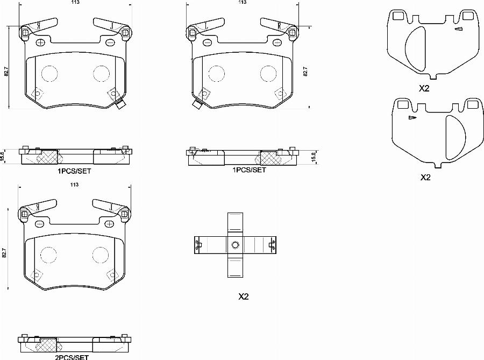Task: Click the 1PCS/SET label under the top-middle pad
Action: tap(249, 170)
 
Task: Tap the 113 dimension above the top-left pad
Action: tap(75, 2)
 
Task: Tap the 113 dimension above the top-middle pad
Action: tap(243, 2)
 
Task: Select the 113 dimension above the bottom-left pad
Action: tap(75, 185)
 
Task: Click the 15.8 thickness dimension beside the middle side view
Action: tap(314, 156)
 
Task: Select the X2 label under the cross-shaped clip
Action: tap(243, 297)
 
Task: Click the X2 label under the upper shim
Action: tap(425, 89)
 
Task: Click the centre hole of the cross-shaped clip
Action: tap(235, 245)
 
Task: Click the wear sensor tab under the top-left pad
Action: tap(120, 105)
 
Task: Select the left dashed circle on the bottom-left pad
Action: tap(49, 255)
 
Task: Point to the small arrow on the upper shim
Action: tap(458, 29)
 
